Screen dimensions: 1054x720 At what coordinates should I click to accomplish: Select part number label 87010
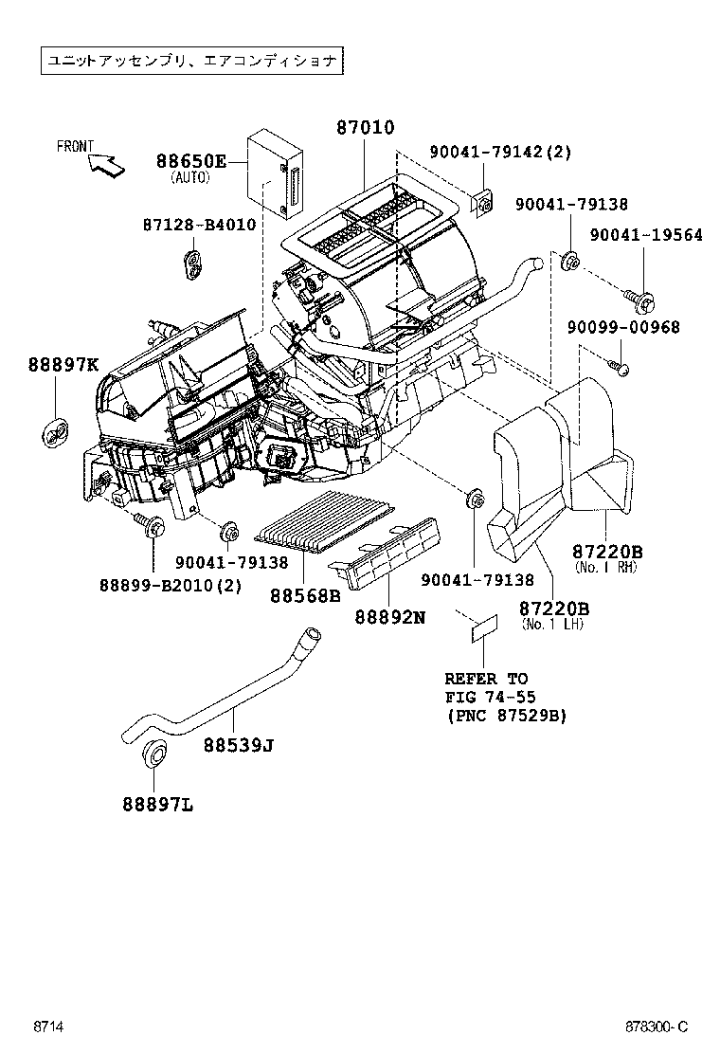pos(365,128)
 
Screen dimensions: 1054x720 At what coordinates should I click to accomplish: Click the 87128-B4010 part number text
pos(199,225)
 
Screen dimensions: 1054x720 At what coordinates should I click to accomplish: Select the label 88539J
pos(238,744)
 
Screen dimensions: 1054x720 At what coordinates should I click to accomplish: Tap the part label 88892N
pos(390,616)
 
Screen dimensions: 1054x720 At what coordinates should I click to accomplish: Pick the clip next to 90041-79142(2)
pos(482,201)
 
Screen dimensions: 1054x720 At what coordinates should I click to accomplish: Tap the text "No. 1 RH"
pos(606,567)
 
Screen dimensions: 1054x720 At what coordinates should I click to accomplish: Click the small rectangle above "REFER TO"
pos(484,625)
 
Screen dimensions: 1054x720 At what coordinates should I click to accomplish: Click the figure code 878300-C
pos(655,1027)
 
